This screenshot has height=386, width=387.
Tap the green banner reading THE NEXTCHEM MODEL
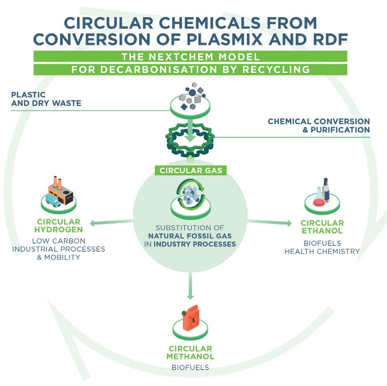pyautogui.click(x=190, y=57)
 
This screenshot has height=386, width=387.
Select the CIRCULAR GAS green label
pyautogui.click(x=190, y=170)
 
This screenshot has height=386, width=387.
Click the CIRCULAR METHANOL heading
pyautogui.click(x=190, y=353)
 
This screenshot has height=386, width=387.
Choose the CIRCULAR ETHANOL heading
pyautogui.click(x=322, y=227)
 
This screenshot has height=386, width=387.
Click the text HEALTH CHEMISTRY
pyautogui.click(x=322, y=251)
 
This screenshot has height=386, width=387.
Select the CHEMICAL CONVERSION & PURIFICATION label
pyautogui.click(x=319, y=125)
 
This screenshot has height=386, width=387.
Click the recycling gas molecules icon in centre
pyautogui.click(x=190, y=194)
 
